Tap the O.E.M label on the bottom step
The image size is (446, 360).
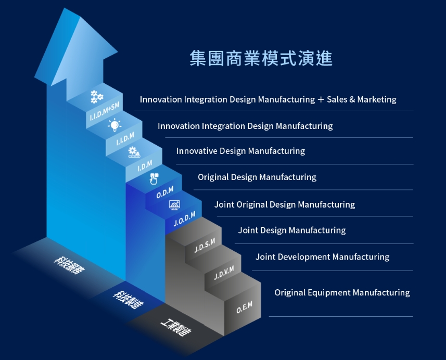click(x=244, y=307)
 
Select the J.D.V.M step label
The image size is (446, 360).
click(x=223, y=272)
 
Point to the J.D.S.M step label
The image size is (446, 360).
click(x=205, y=245)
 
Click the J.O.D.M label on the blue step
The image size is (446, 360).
click(x=184, y=219)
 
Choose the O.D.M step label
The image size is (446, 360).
click(x=164, y=192)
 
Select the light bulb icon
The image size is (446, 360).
click(x=114, y=125)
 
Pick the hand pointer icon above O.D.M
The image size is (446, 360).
click(x=154, y=178)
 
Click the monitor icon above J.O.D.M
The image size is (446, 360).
click(x=174, y=205)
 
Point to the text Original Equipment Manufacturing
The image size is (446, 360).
click(x=342, y=293)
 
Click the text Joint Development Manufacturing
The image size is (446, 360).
click(x=322, y=257)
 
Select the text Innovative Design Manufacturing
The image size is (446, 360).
click(x=240, y=151)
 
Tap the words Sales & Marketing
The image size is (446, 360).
click(x=361, y=99)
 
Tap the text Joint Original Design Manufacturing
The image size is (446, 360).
click(x=285, y=204)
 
